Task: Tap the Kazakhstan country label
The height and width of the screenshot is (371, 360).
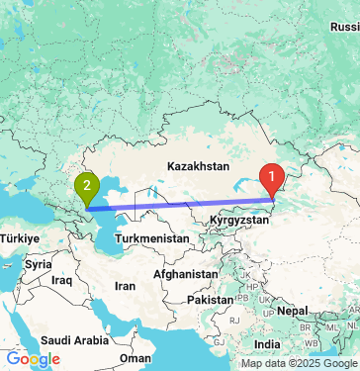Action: click(x=198, y=167)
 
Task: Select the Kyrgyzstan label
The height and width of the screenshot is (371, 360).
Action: click(x=238, y=221)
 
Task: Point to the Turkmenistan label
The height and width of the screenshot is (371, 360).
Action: click(x=151, y=239)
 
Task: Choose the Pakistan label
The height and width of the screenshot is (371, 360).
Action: click(x=211, y=299)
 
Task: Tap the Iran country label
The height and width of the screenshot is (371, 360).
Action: click(x=126, y=286)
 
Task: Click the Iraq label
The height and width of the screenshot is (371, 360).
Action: click(x=63, y=281)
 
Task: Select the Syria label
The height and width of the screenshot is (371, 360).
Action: click(x=39, y=265)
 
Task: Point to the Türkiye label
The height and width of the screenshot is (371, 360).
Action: click(x=19, y=239)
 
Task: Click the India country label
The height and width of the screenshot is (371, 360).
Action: click(x=266, y=343)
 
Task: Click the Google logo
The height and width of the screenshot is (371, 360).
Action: click(x=33, y=359)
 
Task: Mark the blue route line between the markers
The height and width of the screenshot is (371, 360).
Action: click(x=178, y=205)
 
